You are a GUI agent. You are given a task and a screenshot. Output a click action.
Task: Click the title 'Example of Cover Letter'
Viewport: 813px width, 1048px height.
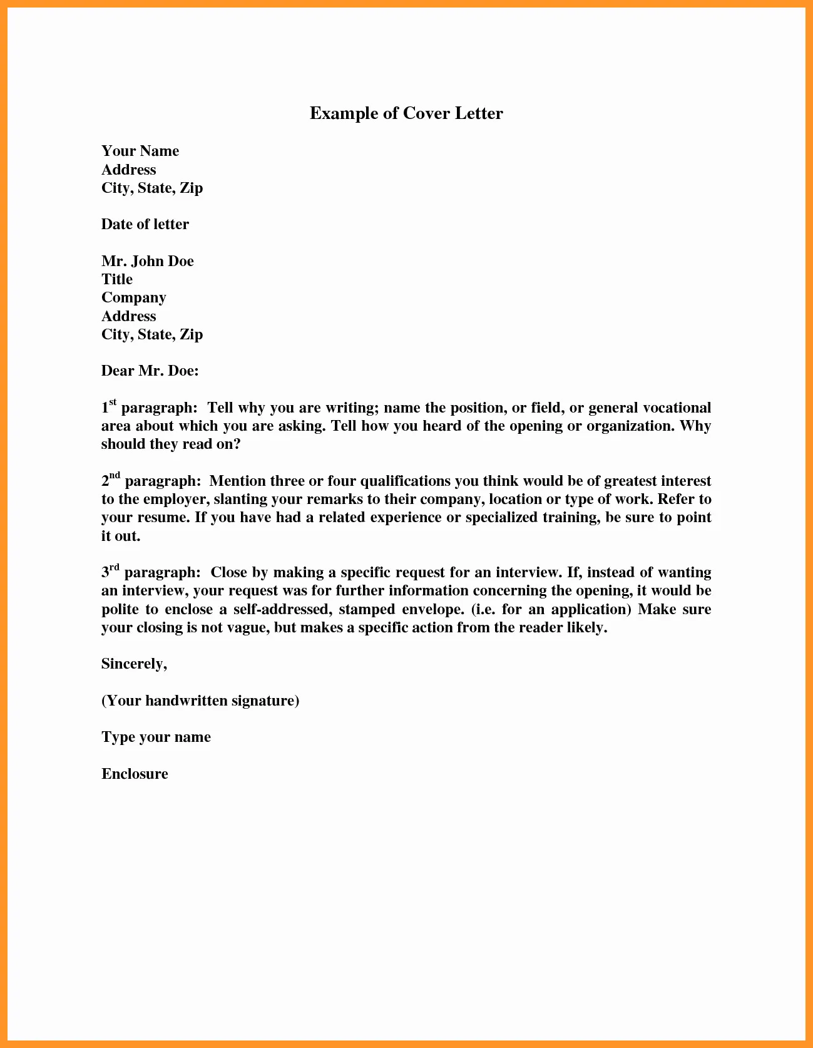click(x=406, y=113)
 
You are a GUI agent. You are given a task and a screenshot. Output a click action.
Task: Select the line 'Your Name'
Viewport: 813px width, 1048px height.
click(x=140, y=152)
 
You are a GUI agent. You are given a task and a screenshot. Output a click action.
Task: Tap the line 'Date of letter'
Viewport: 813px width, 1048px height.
click(x=145, y=225)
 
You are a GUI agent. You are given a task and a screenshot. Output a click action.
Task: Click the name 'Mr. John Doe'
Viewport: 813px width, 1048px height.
click(x=147, y=261)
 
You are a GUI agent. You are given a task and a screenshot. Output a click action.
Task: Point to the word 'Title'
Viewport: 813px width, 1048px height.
click(x=117, y=279)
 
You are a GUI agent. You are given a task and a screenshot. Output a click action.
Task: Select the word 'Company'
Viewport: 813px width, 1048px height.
click(x=133, y=298)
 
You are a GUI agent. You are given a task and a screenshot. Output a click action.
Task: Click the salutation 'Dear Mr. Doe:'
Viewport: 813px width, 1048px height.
click(x=150, y=371)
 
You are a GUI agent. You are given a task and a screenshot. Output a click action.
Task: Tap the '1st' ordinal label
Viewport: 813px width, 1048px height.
click(x=109, y=406)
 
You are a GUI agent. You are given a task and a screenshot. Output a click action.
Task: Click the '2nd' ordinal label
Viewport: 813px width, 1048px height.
click(x=111, y=480)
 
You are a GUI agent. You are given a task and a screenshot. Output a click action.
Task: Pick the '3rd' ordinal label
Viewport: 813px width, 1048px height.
click(x=110, y=571)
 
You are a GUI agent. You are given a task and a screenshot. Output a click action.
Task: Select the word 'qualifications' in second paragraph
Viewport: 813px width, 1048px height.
click(x=405, y=481)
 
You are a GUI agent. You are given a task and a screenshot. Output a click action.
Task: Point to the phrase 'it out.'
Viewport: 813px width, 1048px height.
click(x=121, y=537)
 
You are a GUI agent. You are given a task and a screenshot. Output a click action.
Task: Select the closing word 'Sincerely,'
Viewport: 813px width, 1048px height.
click(x=134, y=664)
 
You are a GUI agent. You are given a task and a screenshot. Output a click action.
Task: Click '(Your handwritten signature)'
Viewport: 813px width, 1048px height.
click(x=200, y=701)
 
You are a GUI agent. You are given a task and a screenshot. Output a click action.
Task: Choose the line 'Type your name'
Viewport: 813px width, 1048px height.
click(x=156, y=737)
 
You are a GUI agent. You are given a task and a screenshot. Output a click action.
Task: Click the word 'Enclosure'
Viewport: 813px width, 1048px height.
click(x=135, y=774)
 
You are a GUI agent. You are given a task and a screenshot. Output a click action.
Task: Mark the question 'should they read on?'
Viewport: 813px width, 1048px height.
click(x=171, y=444)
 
